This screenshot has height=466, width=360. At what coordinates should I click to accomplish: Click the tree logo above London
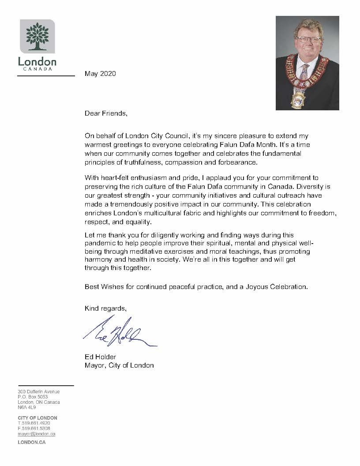pos(37,36)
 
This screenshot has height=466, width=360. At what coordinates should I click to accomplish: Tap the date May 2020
pos(100,74)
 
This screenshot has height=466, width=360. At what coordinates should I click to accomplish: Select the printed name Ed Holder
pos(100,357)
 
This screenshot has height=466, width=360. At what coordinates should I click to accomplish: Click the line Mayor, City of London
pos(119,365)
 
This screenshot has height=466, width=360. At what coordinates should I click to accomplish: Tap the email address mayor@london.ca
pos(36,434)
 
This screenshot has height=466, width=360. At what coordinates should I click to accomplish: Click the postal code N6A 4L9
pos(27,407)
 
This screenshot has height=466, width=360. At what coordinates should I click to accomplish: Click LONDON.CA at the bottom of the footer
pos(31,442)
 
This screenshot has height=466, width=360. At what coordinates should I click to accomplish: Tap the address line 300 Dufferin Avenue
pos(38,391)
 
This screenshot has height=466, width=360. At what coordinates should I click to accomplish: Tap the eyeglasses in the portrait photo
pos(308,40)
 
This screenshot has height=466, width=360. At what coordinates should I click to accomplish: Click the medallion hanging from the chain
pos(298,100)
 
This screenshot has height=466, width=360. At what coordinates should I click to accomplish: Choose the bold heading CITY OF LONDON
pos(37,418)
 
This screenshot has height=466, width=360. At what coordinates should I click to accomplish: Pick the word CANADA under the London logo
pos(37,68)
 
